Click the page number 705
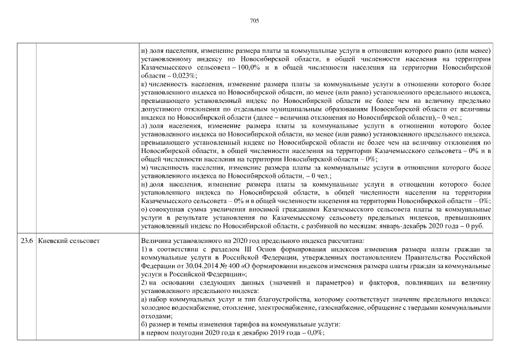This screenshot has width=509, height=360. pos(254,21)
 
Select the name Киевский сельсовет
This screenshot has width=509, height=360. pos(68,241)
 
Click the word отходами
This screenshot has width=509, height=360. pos(156,316)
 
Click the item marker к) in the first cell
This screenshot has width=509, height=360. pos(144,83)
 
